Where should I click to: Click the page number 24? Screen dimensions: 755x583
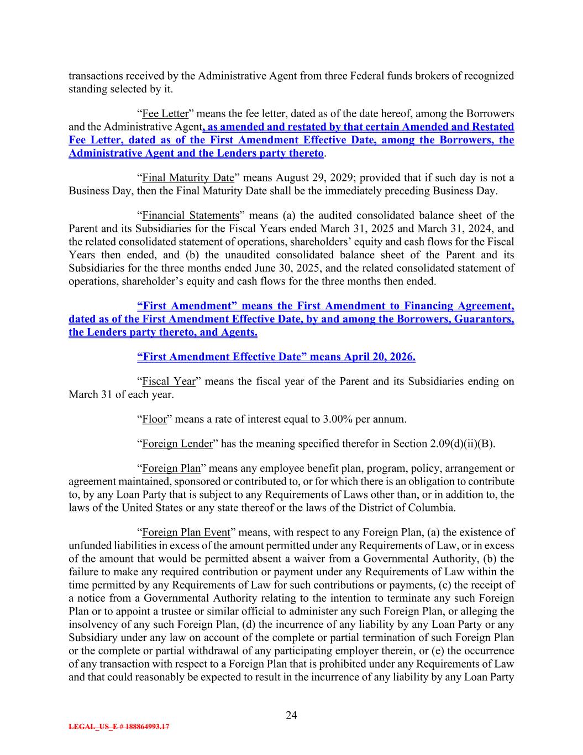click(291, 715)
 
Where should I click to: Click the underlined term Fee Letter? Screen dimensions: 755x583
click(165, 114)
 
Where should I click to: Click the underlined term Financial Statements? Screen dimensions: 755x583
click(191, 216)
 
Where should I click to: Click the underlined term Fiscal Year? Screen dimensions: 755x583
click(165, 382)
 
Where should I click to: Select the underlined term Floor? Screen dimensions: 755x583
click(154, 419)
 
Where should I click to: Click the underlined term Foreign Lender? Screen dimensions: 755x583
click(177, 444)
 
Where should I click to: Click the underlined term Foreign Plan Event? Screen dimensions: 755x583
click(186, 532)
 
